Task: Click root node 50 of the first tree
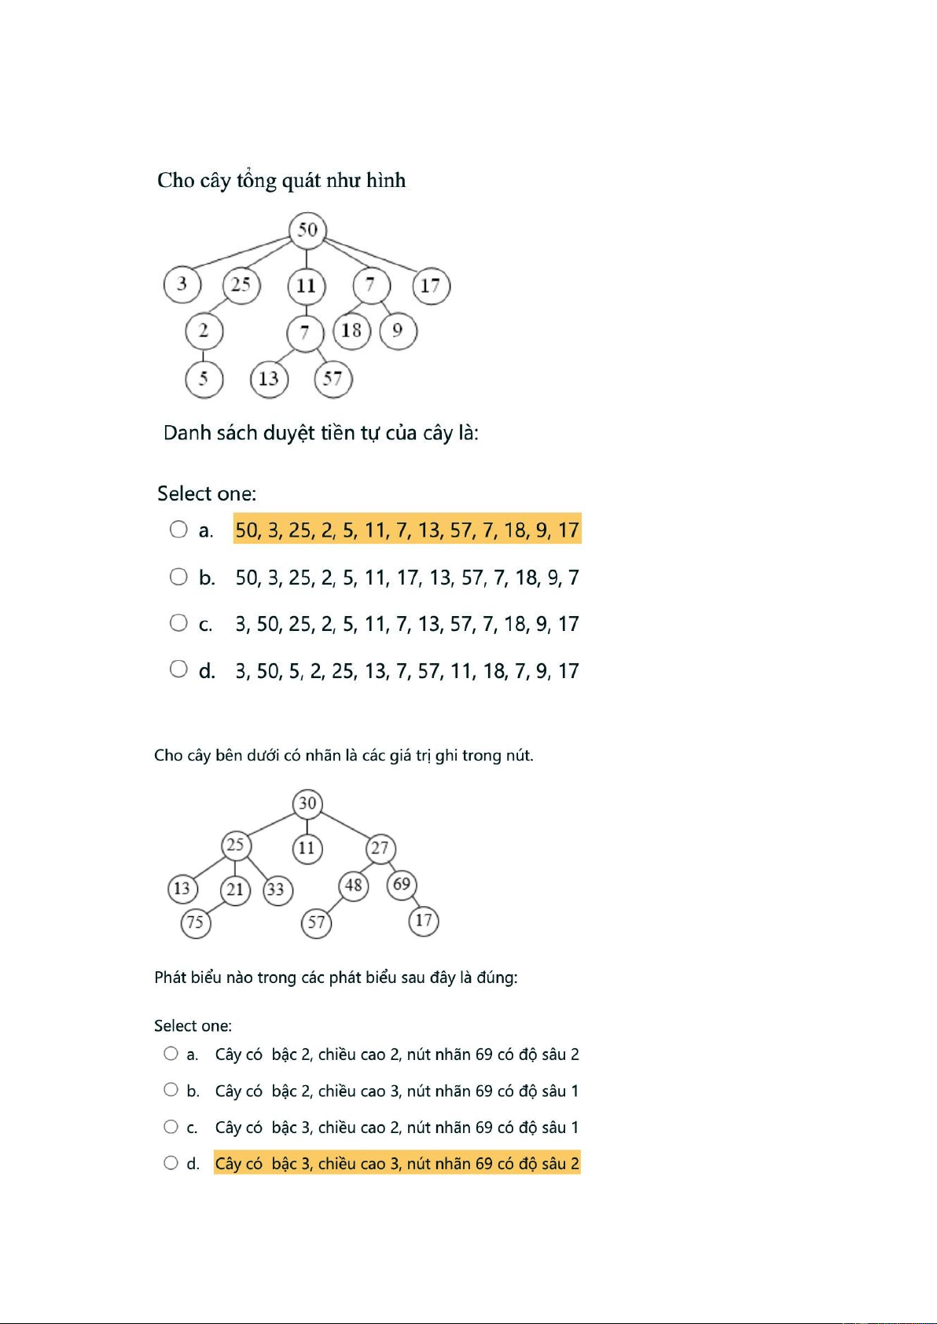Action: click(307, 229)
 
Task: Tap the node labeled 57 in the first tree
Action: click(333, 379)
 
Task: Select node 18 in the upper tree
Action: click(351, 330)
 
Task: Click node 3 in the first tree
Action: click(182, 284)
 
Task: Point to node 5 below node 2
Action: click(204, 379)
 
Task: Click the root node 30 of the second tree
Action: click(307, 803)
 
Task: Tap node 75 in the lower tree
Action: click(195, 922)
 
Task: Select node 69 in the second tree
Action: click(402, 885)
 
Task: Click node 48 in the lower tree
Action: click(354, 886)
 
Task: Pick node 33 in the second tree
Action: click(276, 889)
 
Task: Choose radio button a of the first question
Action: click(178, 530)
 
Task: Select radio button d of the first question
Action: click(178, 669)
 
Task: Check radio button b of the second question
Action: click(171, 1090)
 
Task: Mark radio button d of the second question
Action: click(171, 1163)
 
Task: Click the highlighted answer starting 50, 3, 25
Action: click(407, 530)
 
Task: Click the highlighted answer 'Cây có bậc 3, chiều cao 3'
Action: click(397, 1164)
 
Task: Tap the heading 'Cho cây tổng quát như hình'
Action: click(281, 181)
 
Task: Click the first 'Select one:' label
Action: click(207, 493)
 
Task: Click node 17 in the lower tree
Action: click(424, 921)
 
